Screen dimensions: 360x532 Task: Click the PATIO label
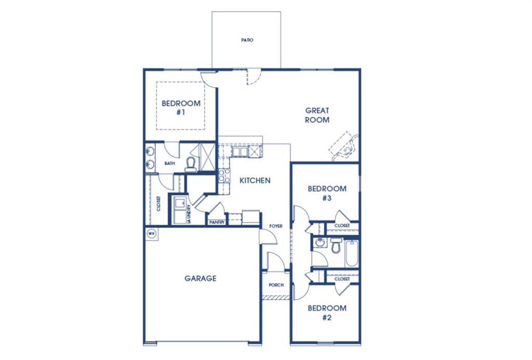point(247,40)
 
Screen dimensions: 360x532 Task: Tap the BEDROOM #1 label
point(180,108)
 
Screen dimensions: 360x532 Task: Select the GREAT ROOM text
point(317,115)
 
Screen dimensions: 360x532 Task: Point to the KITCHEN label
point(255,181)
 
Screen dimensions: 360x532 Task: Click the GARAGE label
point(201,278)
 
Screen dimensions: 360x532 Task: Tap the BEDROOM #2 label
point(327,313)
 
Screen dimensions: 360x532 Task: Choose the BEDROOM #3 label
point(327,193)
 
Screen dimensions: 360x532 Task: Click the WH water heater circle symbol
point(152,233)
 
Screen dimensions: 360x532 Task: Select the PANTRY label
point(217,222)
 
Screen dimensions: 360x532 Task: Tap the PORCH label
point(276,285)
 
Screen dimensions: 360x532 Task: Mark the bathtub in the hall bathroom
point(352,252)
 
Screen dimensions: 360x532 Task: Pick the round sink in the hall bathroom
point(320,243)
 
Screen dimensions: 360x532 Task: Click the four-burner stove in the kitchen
point(224,176)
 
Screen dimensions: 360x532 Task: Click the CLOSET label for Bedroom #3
point(342,226)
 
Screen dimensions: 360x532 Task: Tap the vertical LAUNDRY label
point(189,214)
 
